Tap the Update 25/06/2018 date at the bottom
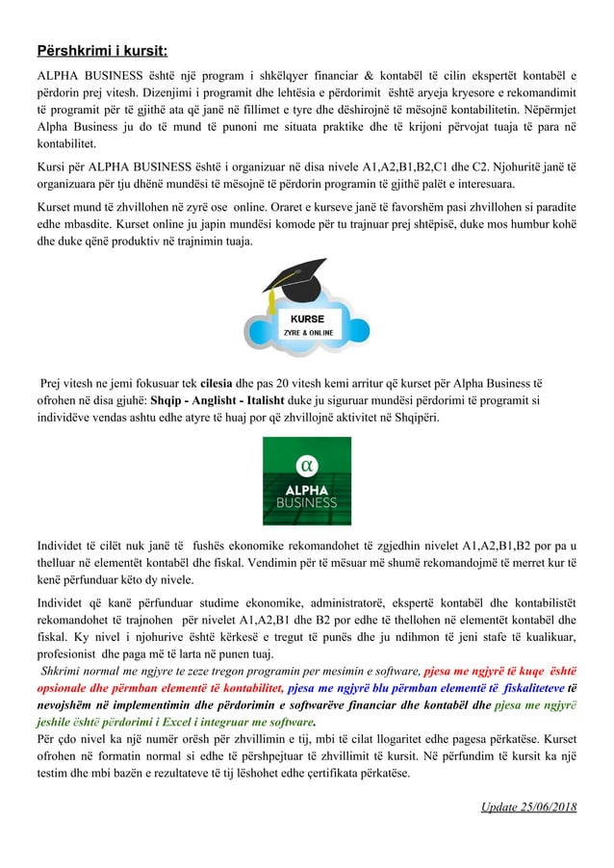[528, 805]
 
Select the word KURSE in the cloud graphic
[308, 319]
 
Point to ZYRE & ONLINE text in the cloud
[308, 333]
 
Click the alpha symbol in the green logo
[307, 464]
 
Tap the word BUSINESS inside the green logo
[307, 502]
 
